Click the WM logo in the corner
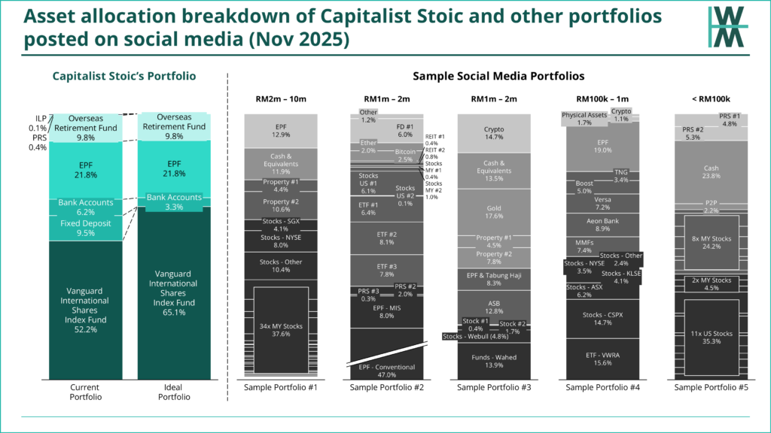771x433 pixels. [727, 28]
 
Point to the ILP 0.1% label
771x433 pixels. [41, 123]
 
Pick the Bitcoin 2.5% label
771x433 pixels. [405, 155]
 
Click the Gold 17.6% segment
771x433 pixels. [495, 211]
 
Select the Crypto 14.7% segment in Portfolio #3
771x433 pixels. [495, 133]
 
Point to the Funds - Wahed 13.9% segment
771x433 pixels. [495, 361]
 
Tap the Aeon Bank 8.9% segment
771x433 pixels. [602, 225]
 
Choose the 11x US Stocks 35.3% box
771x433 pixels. [710, 338]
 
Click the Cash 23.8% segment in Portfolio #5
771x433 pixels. [710, 172]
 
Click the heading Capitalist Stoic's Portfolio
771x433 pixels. [123, 76]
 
